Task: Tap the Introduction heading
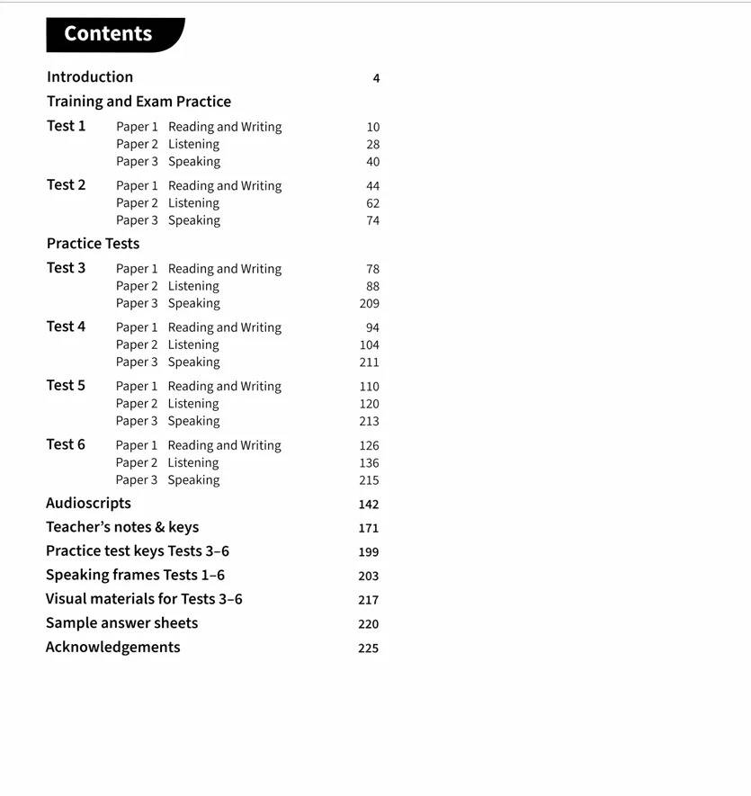(90, 77)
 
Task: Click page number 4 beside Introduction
(376, 78)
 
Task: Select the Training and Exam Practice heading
(139, 102)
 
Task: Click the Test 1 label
(67, 126)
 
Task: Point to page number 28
(373, 144)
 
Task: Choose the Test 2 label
(67, 184)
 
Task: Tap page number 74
(373, 220)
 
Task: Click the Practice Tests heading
(93, 243)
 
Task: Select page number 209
(370, 303)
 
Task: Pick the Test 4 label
(67, 326)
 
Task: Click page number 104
(370, 344)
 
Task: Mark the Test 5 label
(67, 385)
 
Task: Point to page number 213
(370, 421)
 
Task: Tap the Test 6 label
(67, 444)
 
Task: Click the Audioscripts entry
(88, 503)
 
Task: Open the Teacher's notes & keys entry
(122, 527)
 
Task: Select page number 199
(369, 552)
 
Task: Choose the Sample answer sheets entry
(121, 622)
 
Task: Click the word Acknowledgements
(112, 647)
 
